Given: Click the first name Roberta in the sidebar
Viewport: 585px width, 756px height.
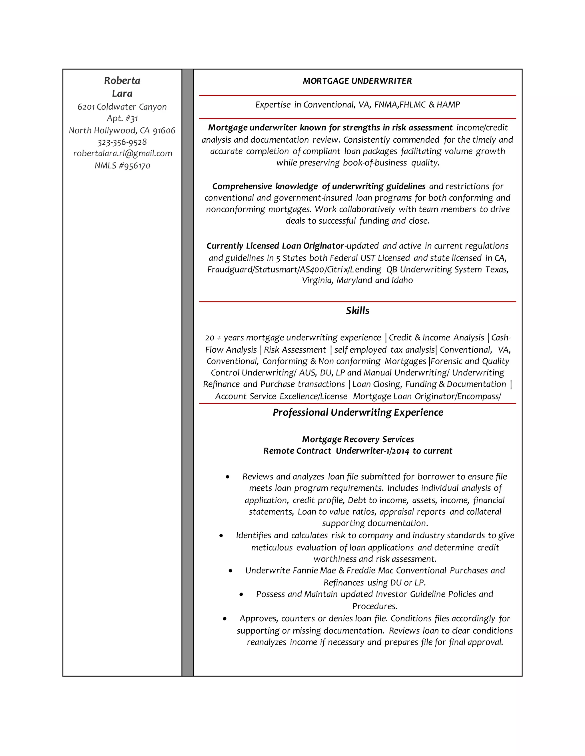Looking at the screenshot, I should tap(122, 81).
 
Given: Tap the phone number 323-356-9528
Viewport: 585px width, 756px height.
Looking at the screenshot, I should tap(122, 142).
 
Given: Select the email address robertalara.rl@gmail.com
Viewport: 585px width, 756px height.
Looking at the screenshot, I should tap(122, 153).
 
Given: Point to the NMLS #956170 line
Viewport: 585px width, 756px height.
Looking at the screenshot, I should tap(122, 165).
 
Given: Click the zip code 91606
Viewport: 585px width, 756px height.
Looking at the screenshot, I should tap(164, 130).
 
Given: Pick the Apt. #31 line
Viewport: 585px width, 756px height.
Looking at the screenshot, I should tap(122, 118).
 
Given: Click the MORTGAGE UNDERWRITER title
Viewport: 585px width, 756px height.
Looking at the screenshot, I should tap(357, 81).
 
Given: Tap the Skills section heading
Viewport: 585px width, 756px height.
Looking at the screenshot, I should tap(357, 310).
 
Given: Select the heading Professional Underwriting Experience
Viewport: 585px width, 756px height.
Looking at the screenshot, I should tap(358, 412).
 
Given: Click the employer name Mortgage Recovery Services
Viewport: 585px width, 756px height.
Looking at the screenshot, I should tap(358, 439).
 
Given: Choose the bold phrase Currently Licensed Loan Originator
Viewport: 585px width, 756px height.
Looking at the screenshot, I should tap(275, 246).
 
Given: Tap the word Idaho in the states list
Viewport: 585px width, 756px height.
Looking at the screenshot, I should tap(402, 280).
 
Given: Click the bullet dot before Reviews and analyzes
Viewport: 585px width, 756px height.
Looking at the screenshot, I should tap(227, 477).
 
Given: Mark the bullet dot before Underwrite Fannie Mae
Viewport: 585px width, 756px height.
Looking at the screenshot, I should tap(231, 571).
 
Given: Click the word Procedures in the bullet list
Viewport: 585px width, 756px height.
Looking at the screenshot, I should tap(374, 606).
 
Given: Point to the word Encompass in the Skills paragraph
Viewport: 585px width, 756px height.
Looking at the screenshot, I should tap(478, 396).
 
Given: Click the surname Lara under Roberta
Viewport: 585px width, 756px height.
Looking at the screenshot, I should tap(122, 94).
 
